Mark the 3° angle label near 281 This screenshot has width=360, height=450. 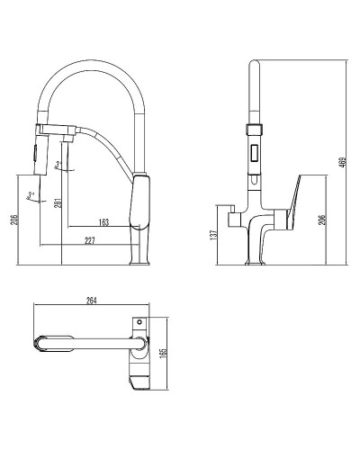[x=60, y=164]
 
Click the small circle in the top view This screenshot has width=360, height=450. [x=139, y=320]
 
